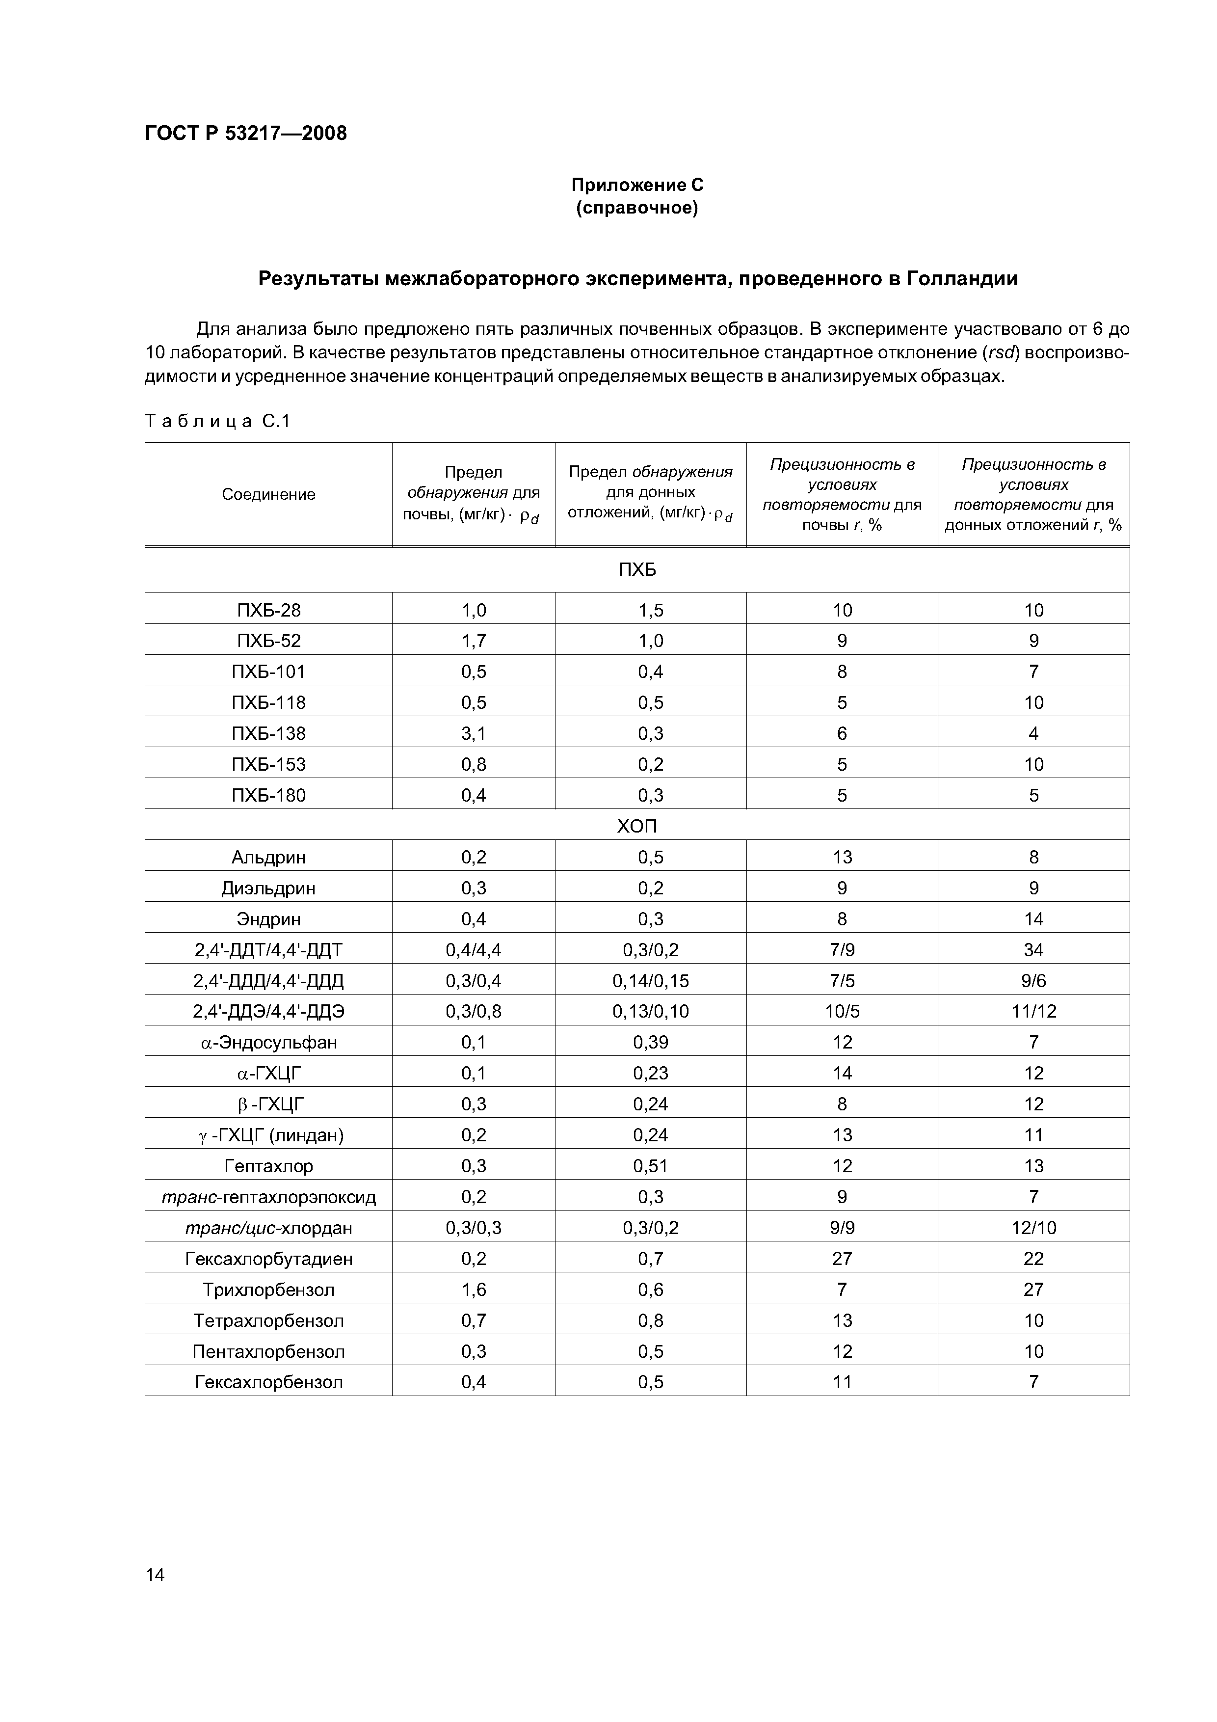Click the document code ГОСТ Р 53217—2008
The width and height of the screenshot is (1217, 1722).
[245, 134]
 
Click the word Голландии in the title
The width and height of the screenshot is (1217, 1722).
[962, 279]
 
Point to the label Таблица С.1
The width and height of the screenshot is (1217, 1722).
[217, 422]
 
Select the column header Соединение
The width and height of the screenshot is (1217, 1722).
[268, 494]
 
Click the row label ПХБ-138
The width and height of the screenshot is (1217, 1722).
[268, 733]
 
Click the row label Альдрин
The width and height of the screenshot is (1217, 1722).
[268, 857]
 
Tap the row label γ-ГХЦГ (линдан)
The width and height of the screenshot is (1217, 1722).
[268, 1135]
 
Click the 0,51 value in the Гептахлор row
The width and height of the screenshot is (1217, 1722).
[650, 1165]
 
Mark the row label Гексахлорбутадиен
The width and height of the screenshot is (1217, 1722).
[268, 1259]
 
